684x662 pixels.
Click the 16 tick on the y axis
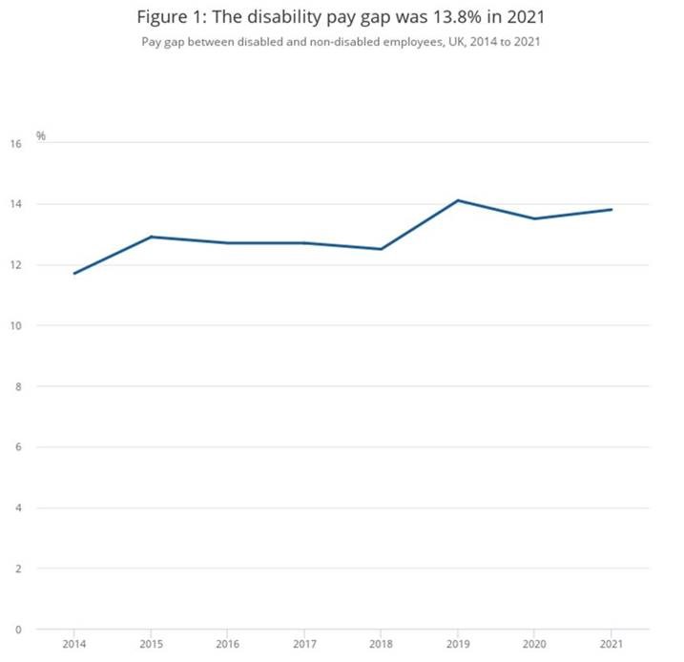(x=15, y=144)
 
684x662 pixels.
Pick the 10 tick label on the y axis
(x=15, y=326)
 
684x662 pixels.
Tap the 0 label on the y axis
(x=18, y=630)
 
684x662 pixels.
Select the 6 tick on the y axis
(x=18, y=447)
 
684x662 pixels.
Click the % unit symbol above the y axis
(x=41, y=136)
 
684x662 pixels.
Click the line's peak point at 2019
(x=458, y=200)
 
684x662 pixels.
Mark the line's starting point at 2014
(x=73, y=274)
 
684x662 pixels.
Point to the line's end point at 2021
(x=611, y=210)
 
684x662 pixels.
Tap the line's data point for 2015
(x=151, y=237)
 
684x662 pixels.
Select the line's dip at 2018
(x=382, y=249)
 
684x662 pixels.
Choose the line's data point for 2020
(x=535, y=218)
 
